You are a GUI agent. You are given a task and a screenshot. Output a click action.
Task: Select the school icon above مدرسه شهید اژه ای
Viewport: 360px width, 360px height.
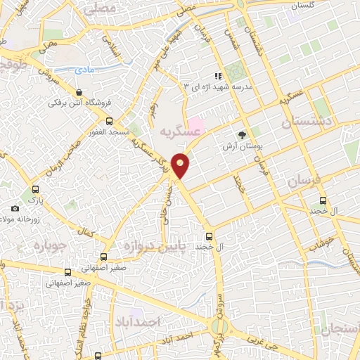click(218, 75)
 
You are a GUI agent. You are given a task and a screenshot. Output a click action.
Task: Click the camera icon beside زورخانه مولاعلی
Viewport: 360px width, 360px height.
click(15, 208)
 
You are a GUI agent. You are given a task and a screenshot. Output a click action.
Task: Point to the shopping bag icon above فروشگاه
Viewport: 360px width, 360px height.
click(79, 91)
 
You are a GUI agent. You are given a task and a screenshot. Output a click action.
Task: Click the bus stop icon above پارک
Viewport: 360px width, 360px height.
click(36, 188)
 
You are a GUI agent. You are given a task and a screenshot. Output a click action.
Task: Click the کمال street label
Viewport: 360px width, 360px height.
click(86, 231)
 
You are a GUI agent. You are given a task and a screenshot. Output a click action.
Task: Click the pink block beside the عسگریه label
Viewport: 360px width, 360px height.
click(195, 127)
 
